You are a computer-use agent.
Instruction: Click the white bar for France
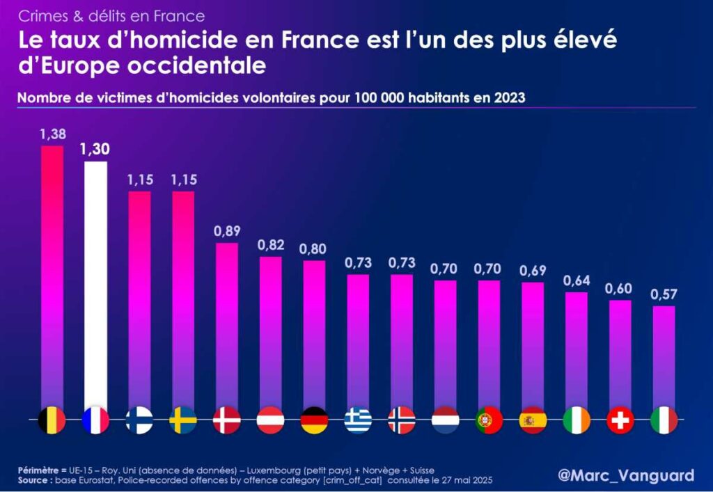tap(95, 285)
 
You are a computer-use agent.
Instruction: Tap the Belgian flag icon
tap(52, 420)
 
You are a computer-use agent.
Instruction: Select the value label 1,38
tap(52, 134)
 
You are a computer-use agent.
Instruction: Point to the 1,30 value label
tap(95, 149)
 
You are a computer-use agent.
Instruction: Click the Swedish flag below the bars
tap(183, 420)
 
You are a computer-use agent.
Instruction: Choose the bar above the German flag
tap(314, 334)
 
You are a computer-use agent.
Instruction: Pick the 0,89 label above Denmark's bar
tap(227, 232)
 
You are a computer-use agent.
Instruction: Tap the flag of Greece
tap(358, 420)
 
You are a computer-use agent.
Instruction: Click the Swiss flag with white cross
tap(620, 420)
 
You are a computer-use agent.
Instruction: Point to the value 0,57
tap(664, 294)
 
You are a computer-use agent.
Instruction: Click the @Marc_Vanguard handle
tap(626, 475)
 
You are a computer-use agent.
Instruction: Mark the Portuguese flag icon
tap(489, 420)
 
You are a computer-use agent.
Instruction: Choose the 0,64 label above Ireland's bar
tap(577, 280)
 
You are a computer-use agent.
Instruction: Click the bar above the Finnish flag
tap(139, 299)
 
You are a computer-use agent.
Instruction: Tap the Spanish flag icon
tap(533, 420)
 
